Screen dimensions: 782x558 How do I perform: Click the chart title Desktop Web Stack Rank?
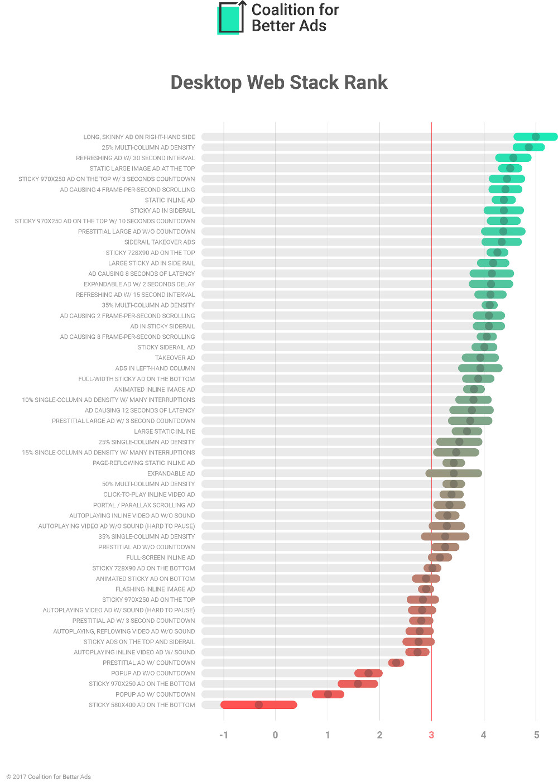pyautogui.click(x=279, y=83)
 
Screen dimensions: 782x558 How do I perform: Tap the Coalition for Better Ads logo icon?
pyautogui.click(x=232, y=18)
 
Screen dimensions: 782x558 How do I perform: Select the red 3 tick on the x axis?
pyautogui.click(x=431, y=735)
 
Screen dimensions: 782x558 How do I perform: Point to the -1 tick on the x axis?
pyautogui.click(x=224, y=735)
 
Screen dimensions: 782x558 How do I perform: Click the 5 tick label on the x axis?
pyautogui.click(x=536, y=735)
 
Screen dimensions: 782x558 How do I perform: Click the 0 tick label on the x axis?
pyautogui.click(x=275, y=735)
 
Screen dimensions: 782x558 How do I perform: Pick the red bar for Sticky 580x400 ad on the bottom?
pyautogui.click(x=259, y=705)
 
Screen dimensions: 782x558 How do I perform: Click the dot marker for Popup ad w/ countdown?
pyautogui.click(x=328, y=694)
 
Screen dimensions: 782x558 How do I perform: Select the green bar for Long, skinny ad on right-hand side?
pyautogui.click(x=535, y=137)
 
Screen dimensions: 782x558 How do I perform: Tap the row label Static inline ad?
pyautogui.click(x=170, y=200)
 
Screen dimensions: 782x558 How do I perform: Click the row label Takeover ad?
pyautogui.click(x=175, y=358)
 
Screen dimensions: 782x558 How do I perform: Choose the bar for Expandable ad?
pyautogui.click(x=454, y=473)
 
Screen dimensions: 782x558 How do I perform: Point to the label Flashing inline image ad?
pyautogui.click(x=155, y=589)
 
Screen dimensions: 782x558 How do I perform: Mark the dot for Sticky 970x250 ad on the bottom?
pyautogui.click(x=358, y=684)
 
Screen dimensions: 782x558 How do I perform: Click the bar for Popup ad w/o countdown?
pyautogui.click(x=368, y=673)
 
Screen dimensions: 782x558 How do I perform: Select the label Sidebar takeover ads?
pyautogui.click(x=160, y=242)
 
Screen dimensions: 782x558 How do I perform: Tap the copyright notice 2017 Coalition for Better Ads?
pyautogui.click(x=49, y=776)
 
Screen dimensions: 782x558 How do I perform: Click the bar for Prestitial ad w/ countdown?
pyautogui.click(x=396, y=663)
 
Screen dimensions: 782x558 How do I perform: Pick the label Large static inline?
pyautogui.click(x=165, y=431)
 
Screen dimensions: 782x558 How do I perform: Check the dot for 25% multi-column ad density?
pyautogui.click(x=528, y=147)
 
